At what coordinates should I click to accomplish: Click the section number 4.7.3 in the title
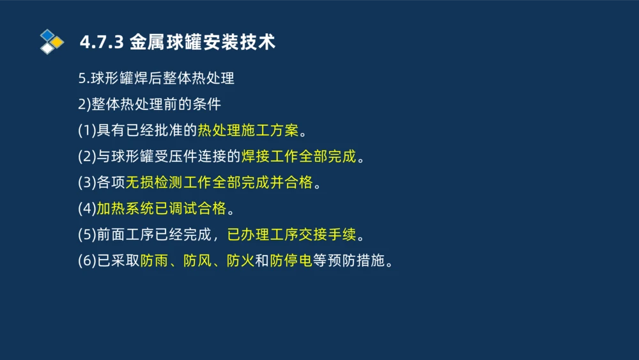coord(101,42)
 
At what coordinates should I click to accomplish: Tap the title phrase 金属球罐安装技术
coord(202,42)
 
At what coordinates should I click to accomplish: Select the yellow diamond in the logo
coord(57,42)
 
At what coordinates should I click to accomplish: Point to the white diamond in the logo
coord(47,48)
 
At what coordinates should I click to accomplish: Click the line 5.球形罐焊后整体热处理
coord(156,79)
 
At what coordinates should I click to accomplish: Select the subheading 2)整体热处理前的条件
coord(149,104)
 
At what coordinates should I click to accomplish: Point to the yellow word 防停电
coord(291,261)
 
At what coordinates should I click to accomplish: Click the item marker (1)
coord(86,130)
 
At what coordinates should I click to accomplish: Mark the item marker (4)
coord(86,208)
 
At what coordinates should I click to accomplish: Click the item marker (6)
coord(86,261)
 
